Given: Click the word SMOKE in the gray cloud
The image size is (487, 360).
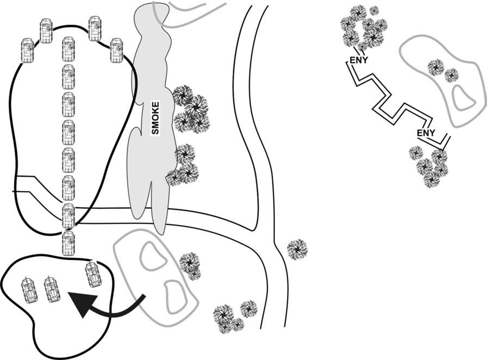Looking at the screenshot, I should click(x=155, y=118).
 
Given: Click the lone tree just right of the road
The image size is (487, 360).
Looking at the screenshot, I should click(x=297, y=249).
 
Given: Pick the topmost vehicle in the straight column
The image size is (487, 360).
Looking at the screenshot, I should click(x=68, y=48).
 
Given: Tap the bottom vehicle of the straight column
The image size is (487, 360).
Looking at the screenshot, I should click(x=68, y=243).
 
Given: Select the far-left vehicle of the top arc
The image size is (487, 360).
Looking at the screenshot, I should click(x=27, y=50).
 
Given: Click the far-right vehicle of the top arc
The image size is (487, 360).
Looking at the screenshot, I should click(x=116, y=50).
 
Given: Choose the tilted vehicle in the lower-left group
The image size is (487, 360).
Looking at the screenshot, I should click(x=93, y=273).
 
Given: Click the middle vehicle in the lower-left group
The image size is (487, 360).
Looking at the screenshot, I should click(x=51, y=288).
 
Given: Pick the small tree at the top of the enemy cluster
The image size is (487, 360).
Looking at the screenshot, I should click(x=374, y=10).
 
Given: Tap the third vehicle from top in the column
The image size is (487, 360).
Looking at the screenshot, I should click(x=68, y=104).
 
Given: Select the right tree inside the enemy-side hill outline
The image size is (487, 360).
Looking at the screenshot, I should click(x=451, y=75).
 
